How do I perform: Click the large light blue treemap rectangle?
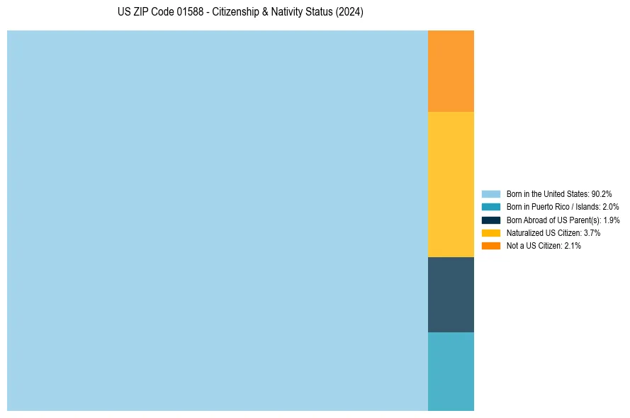217,220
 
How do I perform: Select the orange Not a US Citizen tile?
451,71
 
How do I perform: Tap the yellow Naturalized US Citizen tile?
451,184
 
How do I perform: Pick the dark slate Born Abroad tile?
451,295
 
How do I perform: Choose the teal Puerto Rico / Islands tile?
451,371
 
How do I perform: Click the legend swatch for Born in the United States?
490,193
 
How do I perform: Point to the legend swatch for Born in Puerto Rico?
490,207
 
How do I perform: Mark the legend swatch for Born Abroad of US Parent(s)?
490,220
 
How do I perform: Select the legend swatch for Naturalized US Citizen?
490,232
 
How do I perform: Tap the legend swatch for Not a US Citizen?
490,246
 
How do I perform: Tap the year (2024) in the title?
349,13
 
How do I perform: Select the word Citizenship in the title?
237,13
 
